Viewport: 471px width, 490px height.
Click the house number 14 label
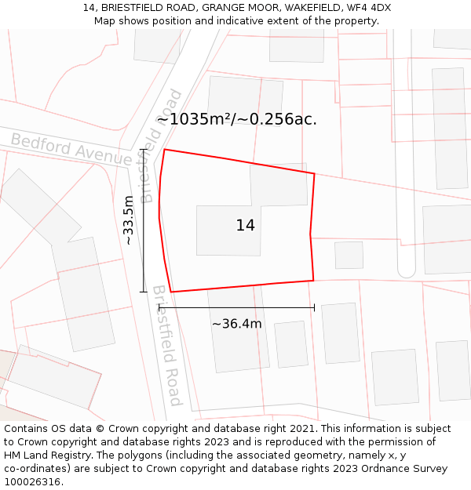[x=245, y=226]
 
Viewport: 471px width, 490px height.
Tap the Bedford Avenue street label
[x=71, y=149]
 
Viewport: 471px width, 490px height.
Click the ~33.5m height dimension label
[x=129, y=220]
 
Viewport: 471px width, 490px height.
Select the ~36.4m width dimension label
[x=236, y=324]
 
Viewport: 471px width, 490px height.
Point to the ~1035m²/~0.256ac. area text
[x=236, y=119]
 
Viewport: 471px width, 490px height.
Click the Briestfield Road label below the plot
[x=167, y=345]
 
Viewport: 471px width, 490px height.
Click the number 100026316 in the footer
[x=35, y=482]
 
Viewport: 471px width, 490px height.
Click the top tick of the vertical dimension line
[x=143, y=149]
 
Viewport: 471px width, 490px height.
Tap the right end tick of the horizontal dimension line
[x=314, y=307]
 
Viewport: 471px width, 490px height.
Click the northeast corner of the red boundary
[x=314, y=174]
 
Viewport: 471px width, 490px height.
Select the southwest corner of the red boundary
[x=171, y=292]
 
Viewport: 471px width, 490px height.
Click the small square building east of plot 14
[x=349, y=255]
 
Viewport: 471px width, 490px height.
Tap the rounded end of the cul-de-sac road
[x=406, y=271]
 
